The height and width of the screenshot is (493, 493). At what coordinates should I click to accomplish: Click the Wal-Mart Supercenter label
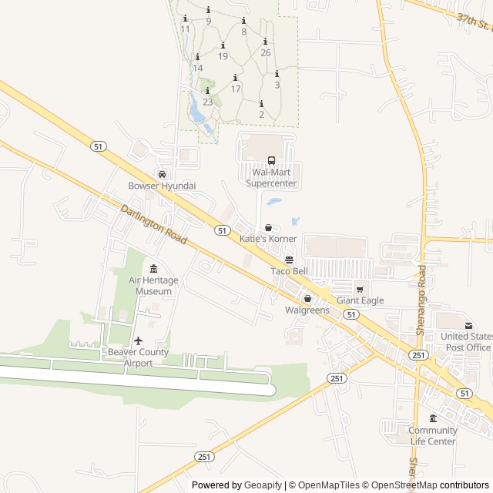[270, 178]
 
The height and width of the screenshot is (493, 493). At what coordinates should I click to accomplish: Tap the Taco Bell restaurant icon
[289, 260]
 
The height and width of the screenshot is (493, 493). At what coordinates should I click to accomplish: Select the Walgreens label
[307, 310]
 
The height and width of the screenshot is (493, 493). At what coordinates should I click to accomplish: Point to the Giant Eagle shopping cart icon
[359, 290]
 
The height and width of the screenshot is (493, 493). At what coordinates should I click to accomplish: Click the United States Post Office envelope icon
[468, 325]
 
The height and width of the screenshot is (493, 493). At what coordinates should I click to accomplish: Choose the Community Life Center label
[433, 436]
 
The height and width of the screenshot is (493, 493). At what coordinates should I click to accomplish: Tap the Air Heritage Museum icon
[154, 269]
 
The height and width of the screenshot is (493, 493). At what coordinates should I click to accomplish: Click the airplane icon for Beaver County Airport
[139, 340]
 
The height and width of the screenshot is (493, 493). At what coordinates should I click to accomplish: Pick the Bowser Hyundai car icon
[162, 175]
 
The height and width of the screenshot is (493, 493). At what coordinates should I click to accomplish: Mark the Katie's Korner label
[268, 239]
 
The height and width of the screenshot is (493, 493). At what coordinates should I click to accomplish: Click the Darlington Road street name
[154, 224]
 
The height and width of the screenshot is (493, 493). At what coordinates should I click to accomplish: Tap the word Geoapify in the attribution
[263, 485]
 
